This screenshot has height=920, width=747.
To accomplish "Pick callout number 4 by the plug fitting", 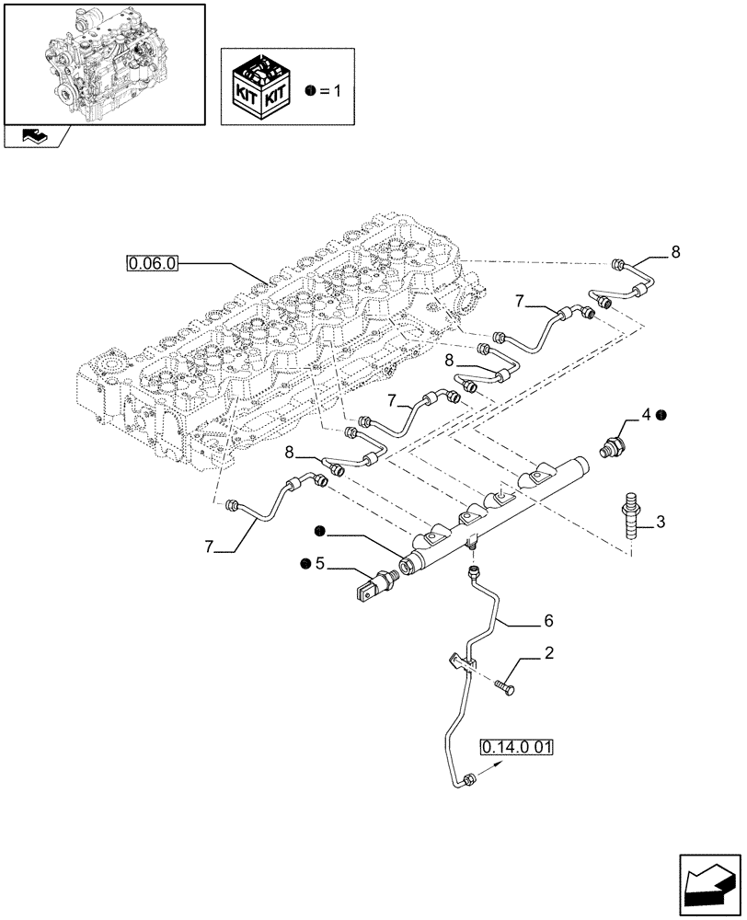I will pyautogui.click(x=646, y=416).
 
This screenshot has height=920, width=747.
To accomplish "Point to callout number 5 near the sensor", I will pyautogui.click(x=320, y=564).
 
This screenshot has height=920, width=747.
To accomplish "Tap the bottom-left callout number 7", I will pyautogui.click(x=211, y=546).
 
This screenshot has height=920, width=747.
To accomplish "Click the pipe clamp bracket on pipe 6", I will pyautogui.click(x=462, y=663).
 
